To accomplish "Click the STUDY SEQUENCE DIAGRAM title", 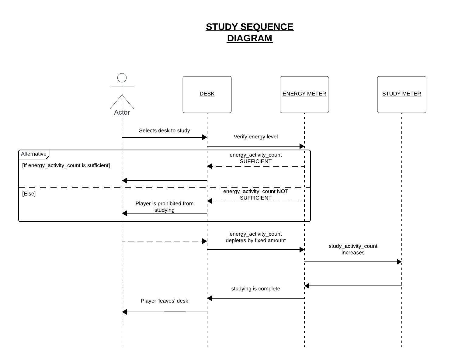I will point(249,33).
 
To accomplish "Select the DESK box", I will point(207,94).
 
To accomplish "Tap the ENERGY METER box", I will point(304,94).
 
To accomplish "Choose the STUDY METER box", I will point(401,94).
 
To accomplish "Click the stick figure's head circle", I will point(122,78).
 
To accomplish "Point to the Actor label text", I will point(122,112).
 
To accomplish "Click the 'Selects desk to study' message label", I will point(165,130).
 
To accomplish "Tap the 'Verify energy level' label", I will point(255,137).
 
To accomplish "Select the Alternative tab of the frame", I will point(34,154).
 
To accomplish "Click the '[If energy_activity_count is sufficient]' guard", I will point(66,165).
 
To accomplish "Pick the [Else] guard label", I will point(29,194).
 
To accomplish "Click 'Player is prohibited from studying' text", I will point(165,206).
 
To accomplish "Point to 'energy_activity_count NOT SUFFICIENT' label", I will point(255,194).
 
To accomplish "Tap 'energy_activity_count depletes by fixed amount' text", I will point(255,237).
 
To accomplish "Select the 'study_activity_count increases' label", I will point(353,249).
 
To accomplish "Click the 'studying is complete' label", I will point(255,289).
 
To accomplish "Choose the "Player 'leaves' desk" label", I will point(165,301).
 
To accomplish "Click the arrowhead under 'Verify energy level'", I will point(302,146).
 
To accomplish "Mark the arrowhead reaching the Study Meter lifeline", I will point(399,262).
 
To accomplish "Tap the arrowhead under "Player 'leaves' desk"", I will point(124,312).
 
